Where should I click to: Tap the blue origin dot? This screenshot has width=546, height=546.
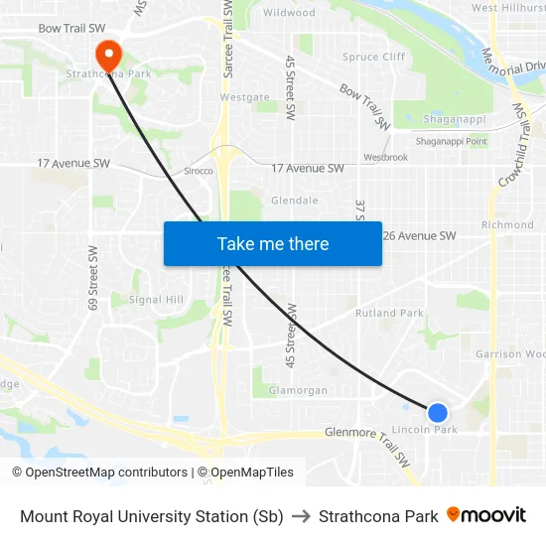click(x=437, y=412)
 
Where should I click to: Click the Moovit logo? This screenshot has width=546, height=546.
click(x=486, y=515)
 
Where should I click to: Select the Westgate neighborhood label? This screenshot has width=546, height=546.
click(x=244, y=97)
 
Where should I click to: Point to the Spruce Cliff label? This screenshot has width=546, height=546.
click(x=373, y=57)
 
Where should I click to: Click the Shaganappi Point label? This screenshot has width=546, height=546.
click(x=451, y=141)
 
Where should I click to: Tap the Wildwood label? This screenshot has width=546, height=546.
click(x=289, y=13)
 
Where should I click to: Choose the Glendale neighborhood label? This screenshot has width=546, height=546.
click(x=295, y=200)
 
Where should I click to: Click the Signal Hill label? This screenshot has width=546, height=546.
click(x=157, y=299)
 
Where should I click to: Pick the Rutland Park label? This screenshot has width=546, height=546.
click(x=388, y=313)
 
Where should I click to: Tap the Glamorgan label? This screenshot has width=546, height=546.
click(x=298, y=390)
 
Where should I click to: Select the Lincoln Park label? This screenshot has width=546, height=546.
click(x=425, y=430)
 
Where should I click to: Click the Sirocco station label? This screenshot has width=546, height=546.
click(x=199, y=171)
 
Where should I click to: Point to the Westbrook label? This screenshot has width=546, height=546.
click(x=385, y=157)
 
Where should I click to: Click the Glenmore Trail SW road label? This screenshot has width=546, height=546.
click(x=367, y=441)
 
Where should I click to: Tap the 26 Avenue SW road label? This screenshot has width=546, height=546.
click(x=419, y=235)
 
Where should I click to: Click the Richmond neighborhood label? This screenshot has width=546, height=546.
click(x=507, y=225)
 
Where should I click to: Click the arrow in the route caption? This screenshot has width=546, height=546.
click(x=301, y=516)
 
